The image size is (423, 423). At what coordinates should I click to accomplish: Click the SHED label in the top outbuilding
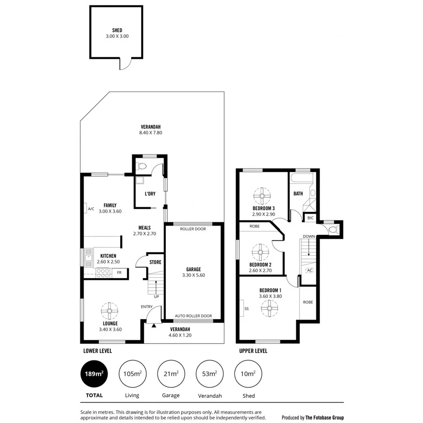(117, 30)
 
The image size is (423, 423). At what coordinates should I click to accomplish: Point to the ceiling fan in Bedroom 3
(260, 195)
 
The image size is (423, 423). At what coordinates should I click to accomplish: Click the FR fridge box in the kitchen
(119, 273)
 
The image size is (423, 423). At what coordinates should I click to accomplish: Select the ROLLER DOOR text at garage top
(193, 229)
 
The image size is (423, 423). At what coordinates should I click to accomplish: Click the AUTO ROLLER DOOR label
(193, 316)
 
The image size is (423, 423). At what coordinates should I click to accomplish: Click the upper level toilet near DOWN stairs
(333, 229)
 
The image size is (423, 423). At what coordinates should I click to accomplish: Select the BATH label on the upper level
(298, 193)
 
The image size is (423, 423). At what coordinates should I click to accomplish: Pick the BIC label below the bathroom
(310, 218)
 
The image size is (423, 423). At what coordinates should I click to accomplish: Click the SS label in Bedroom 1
(247, 308)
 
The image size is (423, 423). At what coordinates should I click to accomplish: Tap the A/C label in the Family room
(91, 209)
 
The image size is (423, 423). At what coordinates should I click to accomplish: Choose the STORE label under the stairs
(155, 262)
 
